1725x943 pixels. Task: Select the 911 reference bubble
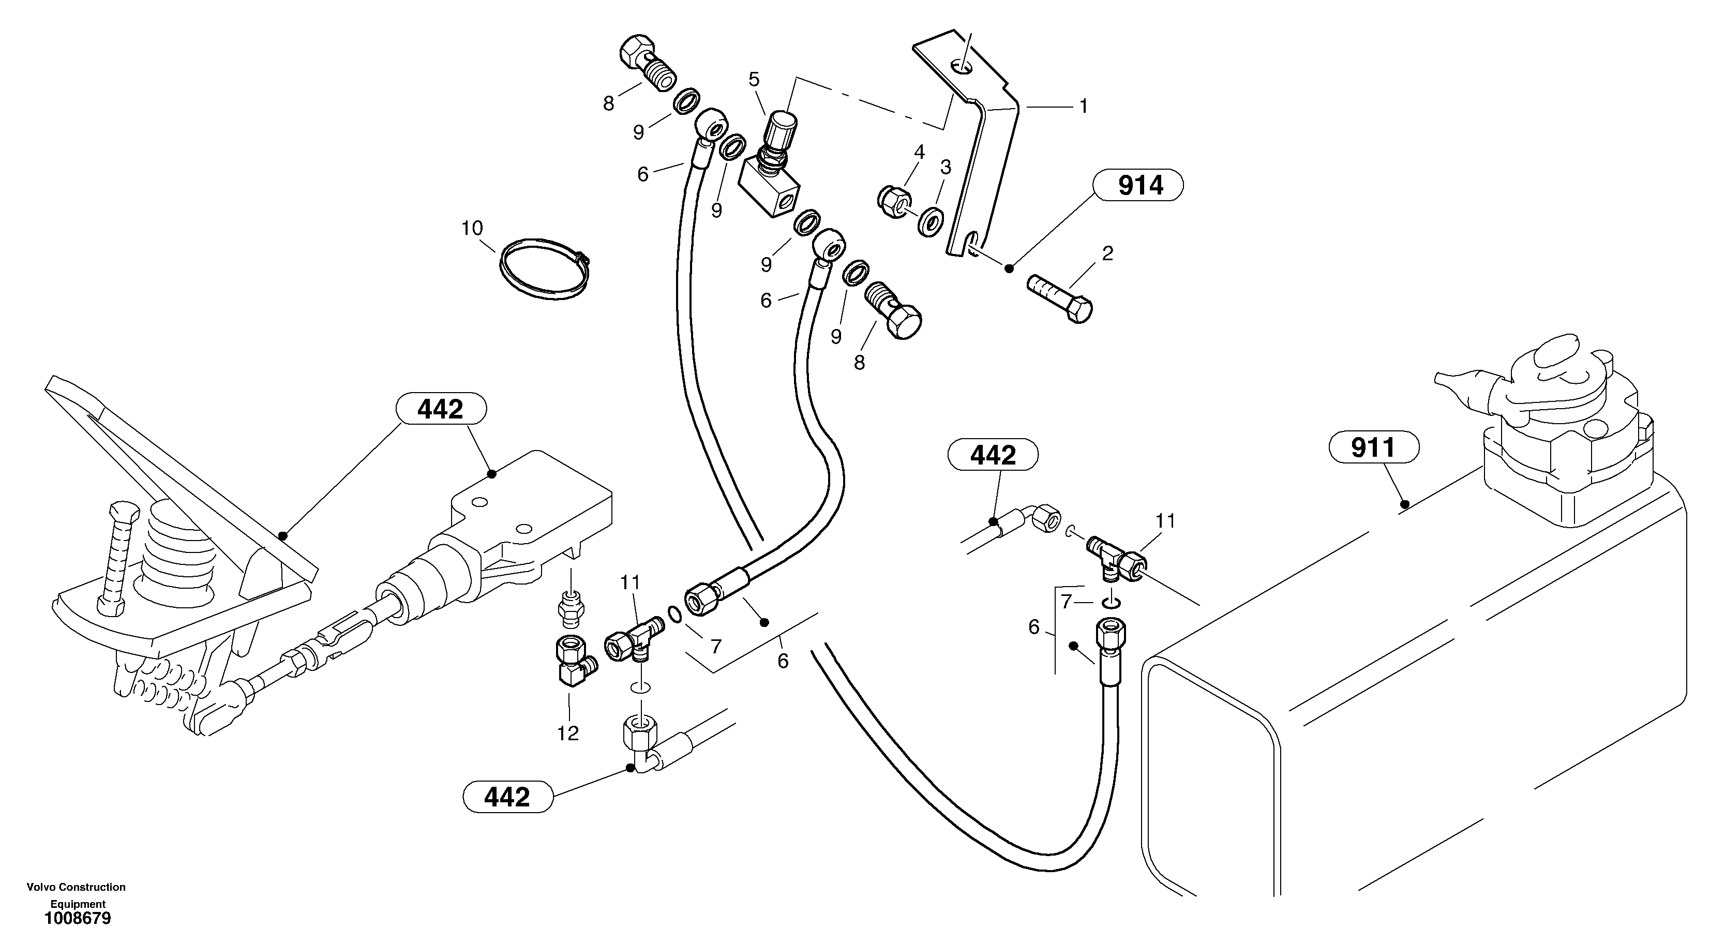point(1373,447)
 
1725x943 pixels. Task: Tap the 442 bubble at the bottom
point(507,797)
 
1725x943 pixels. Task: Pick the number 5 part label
point(754,80)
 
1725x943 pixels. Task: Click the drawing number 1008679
point(77,918)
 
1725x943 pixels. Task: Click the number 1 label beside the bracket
point(1083,106)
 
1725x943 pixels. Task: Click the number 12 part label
point(567,734)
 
